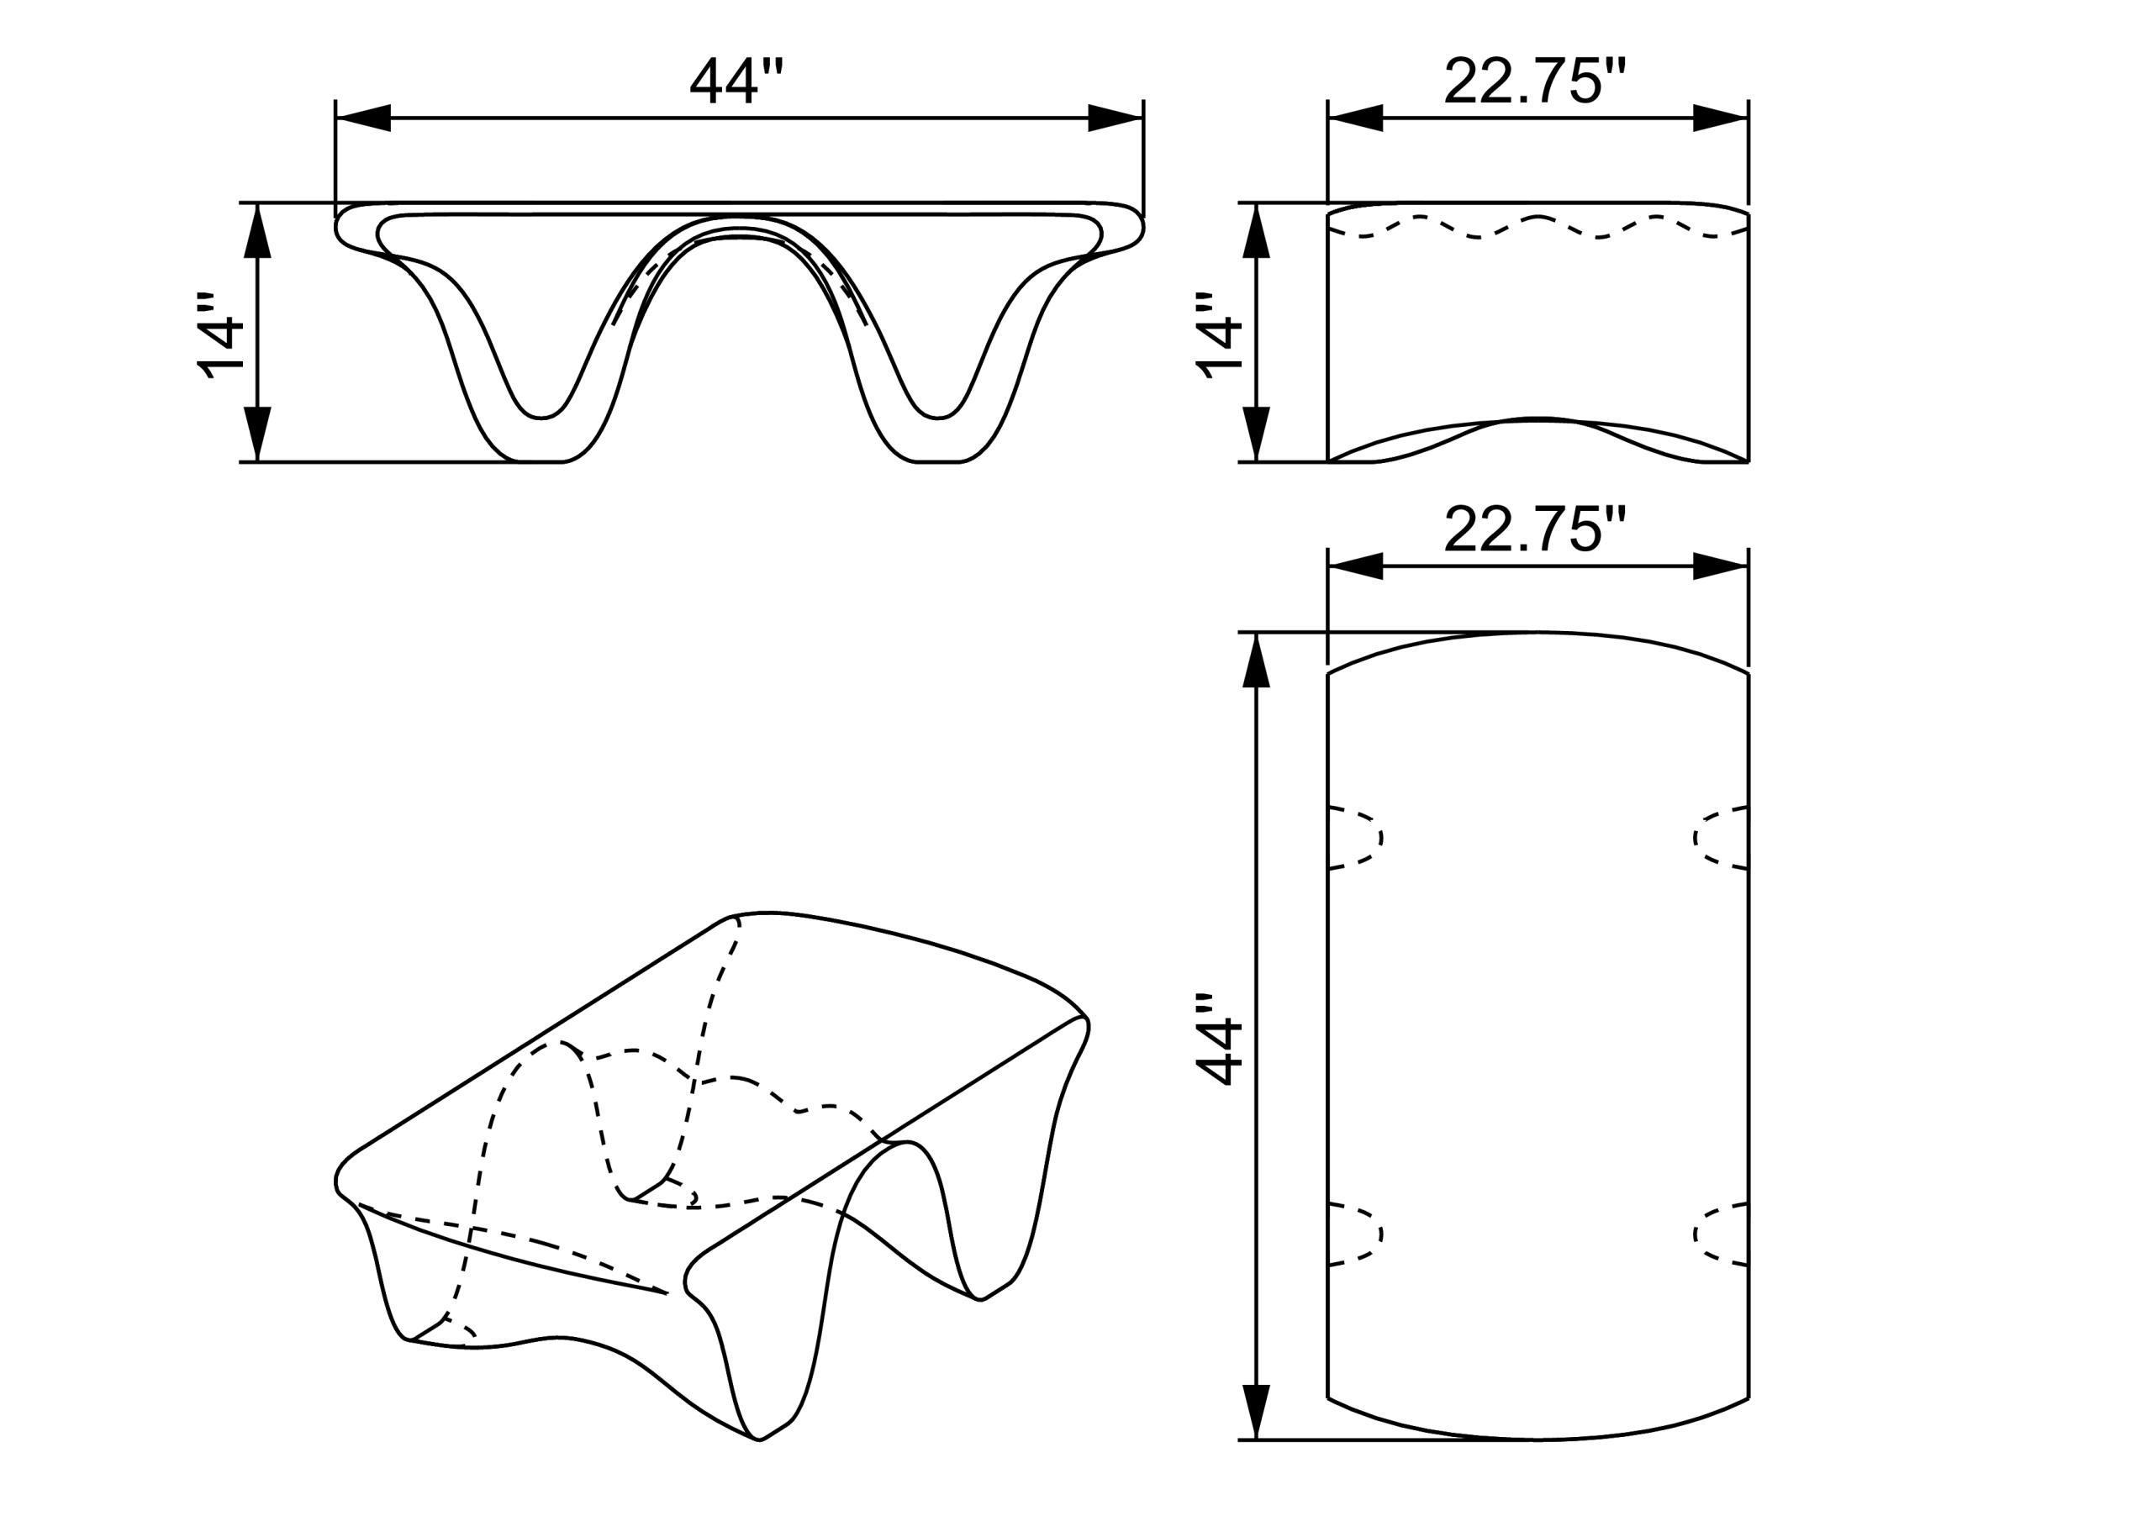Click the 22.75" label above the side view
1534,82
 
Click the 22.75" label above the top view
1534,530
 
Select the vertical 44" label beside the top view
1220,1039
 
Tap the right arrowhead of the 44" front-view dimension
1116,119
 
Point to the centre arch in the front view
739,225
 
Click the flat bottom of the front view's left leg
540,461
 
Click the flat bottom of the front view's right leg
937,461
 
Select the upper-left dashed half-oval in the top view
1356,837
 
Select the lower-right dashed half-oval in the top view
1720,1234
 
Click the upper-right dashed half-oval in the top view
1720,837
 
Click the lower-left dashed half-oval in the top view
1356,1234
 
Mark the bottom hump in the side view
1538,421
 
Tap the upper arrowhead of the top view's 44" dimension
1256,661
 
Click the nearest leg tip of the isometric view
759,1439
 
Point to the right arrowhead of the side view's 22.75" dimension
1721,119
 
